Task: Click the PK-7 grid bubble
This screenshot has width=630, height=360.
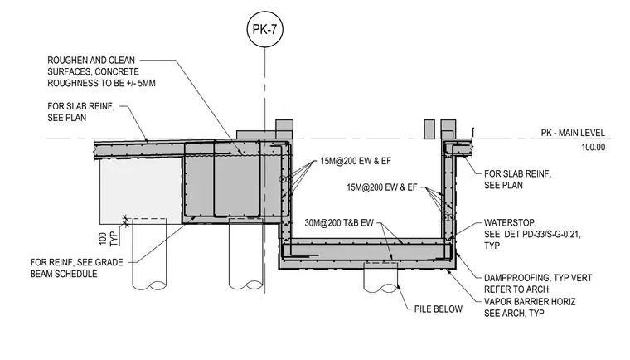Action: [264, 29]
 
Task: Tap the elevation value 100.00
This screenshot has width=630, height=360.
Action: [593, 147]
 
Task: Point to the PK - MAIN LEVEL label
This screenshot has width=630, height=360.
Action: [573, 133]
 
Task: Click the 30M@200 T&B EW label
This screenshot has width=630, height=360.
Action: [339, 223]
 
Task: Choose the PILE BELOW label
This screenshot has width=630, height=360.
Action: [439, 309]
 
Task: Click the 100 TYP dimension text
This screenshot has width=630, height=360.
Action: [109, 239]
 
